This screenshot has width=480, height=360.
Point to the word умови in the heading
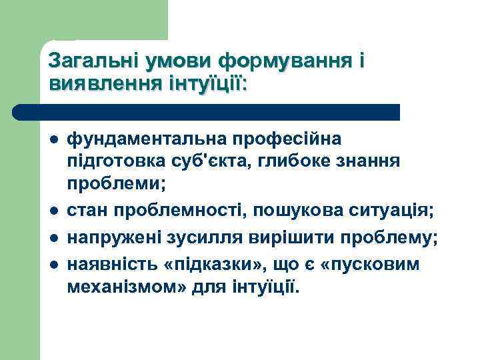click(171, 61)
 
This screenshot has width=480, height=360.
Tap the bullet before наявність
click(53, 265)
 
